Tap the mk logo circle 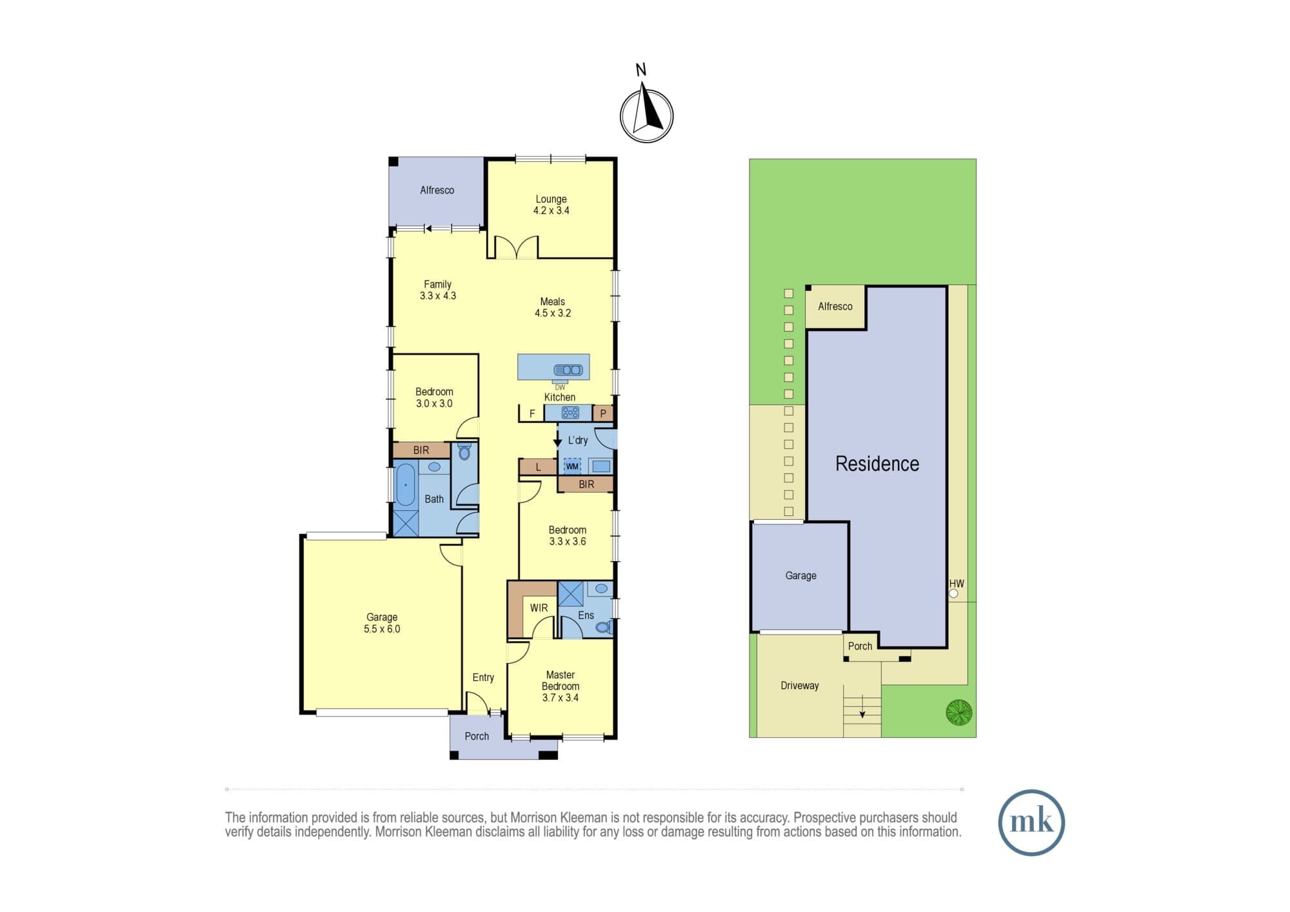pyautogui.click(x=1031, y=822)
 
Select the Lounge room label pyautogui.click(x=551, y=199)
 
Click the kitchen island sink pyautogui.click(x=568, y=370)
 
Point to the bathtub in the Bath pyautogui.click(x=405, y=485)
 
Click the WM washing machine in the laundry pyautogui.click(x=572, y=466)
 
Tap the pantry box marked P pyautogui.click(x=603, y=413)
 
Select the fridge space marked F pyautogui.click(x=531, y=413)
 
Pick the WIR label pyautogui.click(x=539, y=608)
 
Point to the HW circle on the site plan pyautogui.click(x=953, y=593)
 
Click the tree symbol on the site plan pyautogui.click(x=959, y=712)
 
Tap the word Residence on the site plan pyautogui.click(x=877, y=464)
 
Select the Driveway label pyautogui.click(x=800, y=686)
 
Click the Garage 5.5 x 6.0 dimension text pyautogui.click(x=382, y=629)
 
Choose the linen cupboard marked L pyautogui.click(x=538, y=467)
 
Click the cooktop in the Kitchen pyautogui.click(x=570, y=413)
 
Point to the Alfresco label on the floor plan pyautogui.click(x=437, y=190)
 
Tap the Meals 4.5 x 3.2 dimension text pyautogui.click(x=553, y=313)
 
